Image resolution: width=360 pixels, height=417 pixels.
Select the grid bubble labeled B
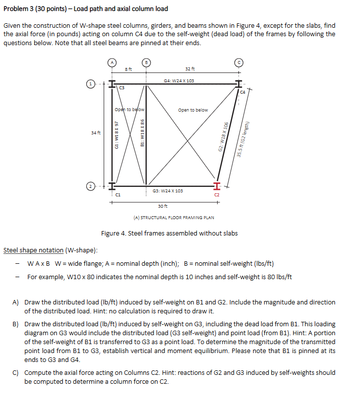(146, 62)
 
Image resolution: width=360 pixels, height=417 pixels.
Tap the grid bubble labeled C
(240, 62)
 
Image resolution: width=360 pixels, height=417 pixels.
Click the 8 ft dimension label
(128, 69)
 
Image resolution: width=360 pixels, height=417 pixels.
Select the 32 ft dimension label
(189, 69)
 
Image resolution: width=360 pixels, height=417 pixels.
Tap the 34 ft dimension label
(96, 133)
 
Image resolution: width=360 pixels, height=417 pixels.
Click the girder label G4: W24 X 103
(179, 80)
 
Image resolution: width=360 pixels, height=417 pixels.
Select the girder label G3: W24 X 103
(168, 190)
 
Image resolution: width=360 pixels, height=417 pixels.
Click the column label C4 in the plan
(242, 92)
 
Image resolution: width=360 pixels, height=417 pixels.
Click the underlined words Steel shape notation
(34, 250)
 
